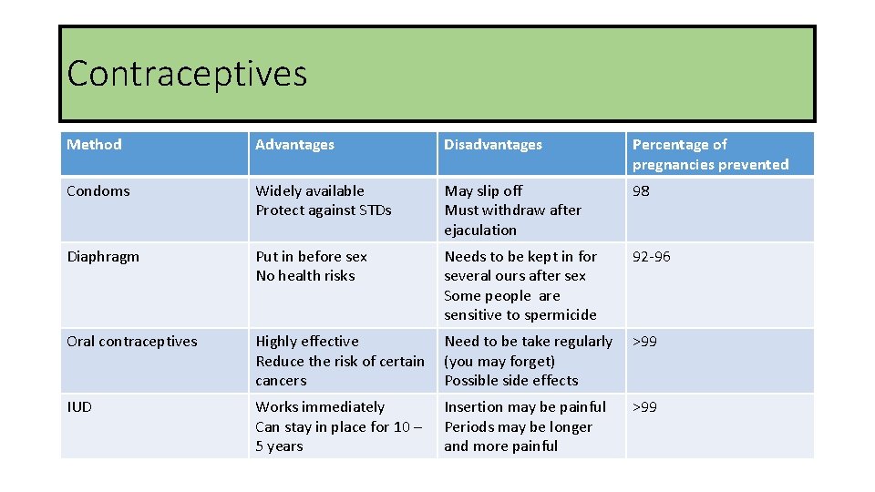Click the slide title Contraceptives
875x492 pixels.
click(187, 74)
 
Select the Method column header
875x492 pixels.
click(94, 144)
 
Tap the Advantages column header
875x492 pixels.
click(294, 145)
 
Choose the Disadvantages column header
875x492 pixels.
click(492, 145)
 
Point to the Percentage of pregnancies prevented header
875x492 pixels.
click(710, 154)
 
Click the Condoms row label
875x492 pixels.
click(98, 191)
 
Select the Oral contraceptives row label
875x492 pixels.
click(131, 342)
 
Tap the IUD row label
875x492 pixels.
click(79, 407)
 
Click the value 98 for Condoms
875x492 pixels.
click(641, 191)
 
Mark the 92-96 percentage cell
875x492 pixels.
click(651, 257)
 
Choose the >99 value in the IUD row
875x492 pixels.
click(644, 407)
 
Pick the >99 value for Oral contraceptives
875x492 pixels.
click(644, 342)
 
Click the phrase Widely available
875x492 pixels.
click(309, 191)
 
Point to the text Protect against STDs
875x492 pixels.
click(323, 210)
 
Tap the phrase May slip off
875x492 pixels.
click(483, 191)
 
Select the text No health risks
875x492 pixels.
click(304, 276)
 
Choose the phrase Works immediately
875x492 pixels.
click(319, 407)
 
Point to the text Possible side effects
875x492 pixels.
click(510, 381)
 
